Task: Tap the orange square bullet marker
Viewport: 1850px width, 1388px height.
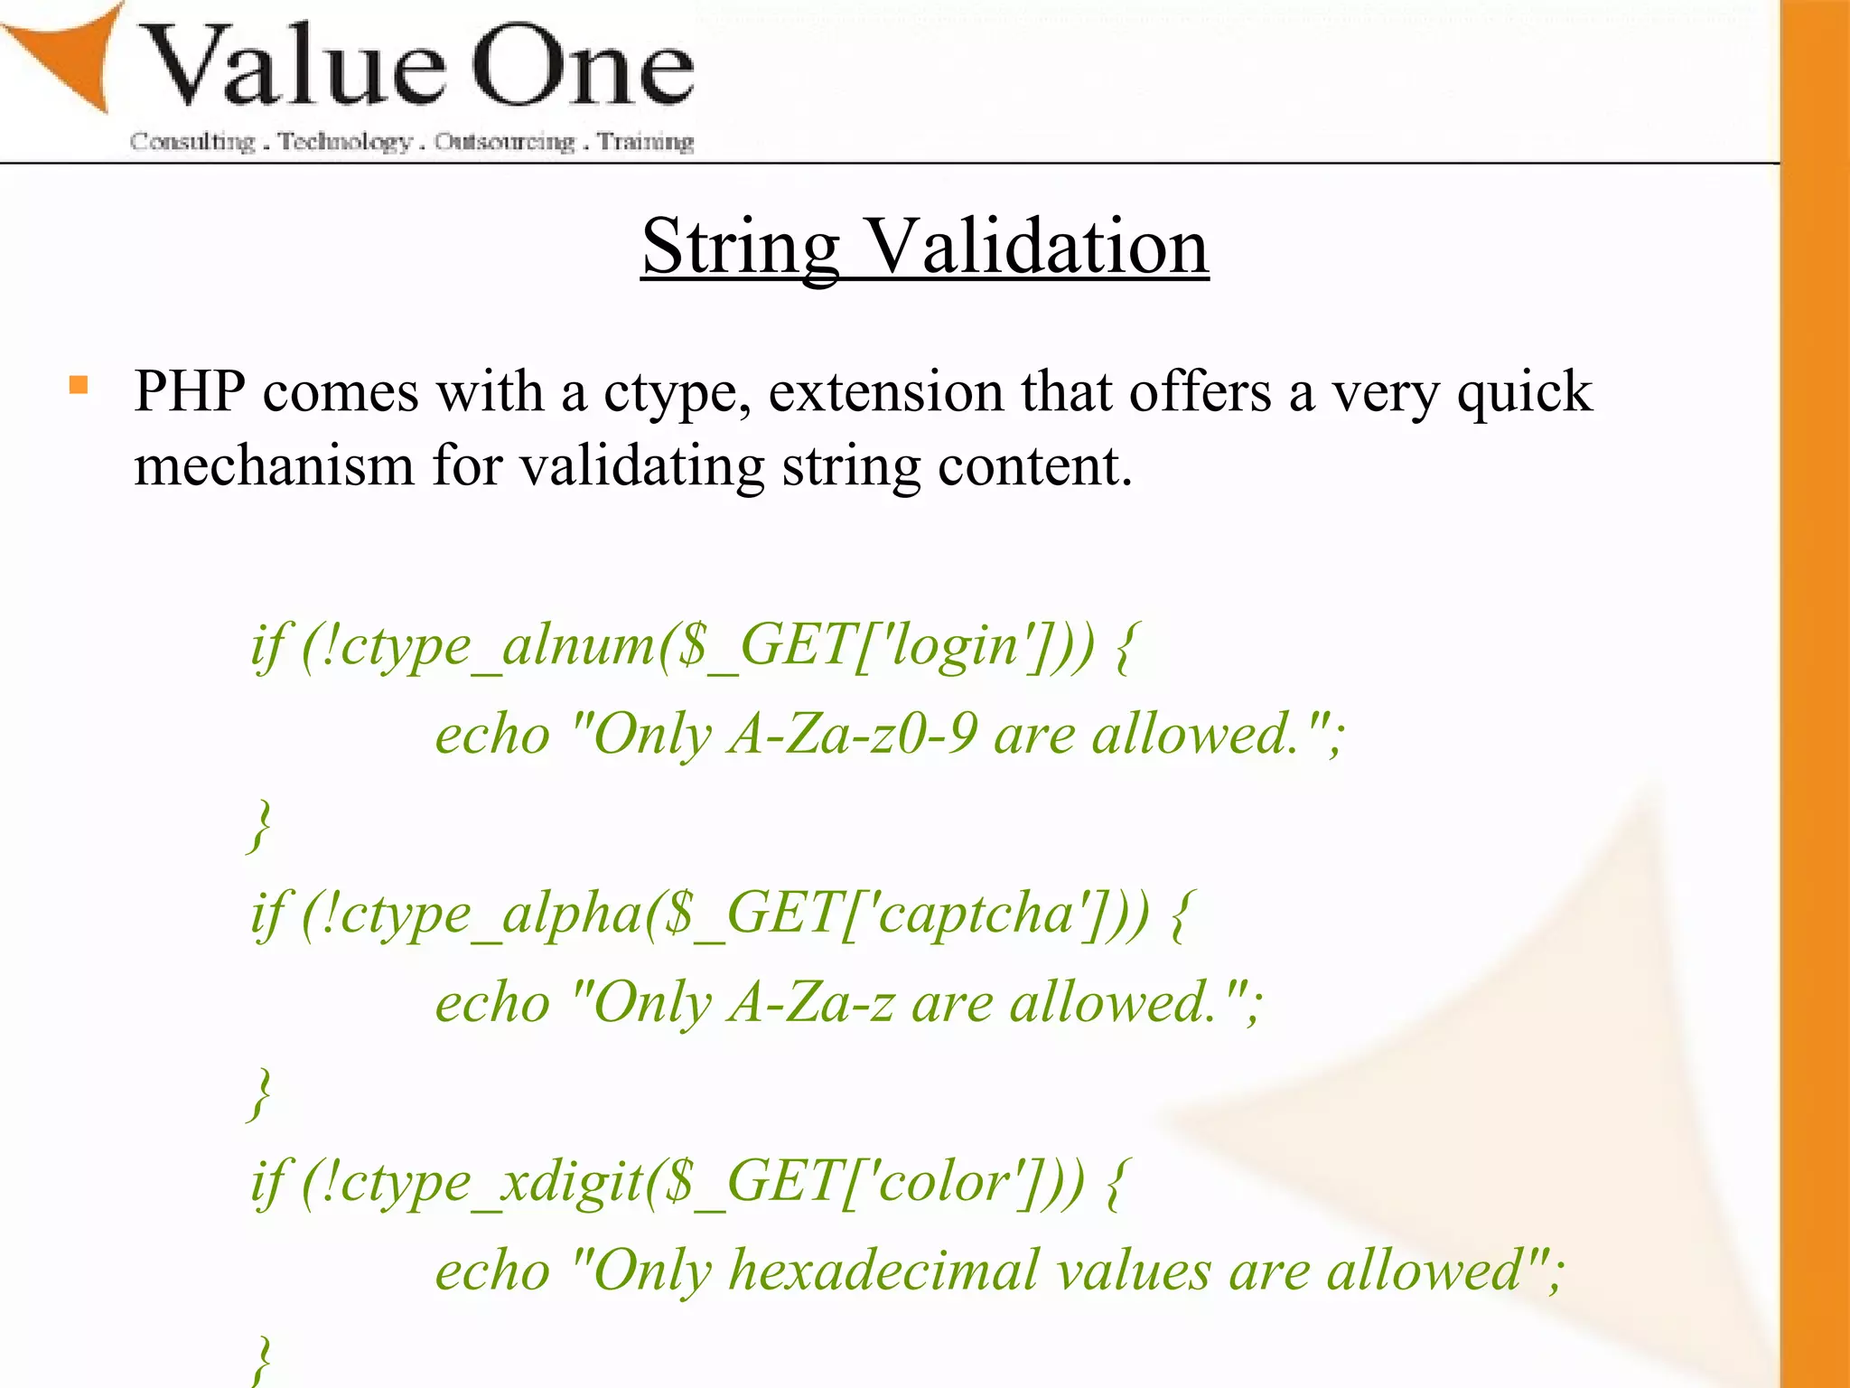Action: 79,386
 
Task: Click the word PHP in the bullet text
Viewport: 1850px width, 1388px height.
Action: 190,392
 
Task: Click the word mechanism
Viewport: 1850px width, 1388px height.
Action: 274,466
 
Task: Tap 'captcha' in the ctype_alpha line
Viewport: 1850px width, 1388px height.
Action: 976,913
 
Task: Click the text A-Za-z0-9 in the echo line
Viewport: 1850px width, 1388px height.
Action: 853,734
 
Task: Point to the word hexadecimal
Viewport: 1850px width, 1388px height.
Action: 883,1270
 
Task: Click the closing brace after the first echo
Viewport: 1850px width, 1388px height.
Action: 260,824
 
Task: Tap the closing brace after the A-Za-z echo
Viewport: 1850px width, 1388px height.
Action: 260,1093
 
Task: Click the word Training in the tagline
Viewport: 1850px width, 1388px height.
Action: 645,142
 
